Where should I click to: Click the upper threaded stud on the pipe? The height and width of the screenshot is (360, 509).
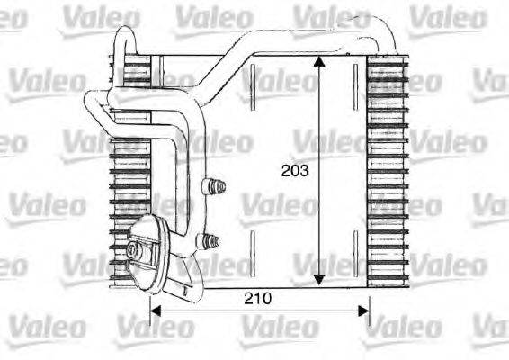[215, 187]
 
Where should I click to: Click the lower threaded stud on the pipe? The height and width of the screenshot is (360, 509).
[212, 239]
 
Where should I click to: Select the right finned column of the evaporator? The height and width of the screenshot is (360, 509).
[388, 171]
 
